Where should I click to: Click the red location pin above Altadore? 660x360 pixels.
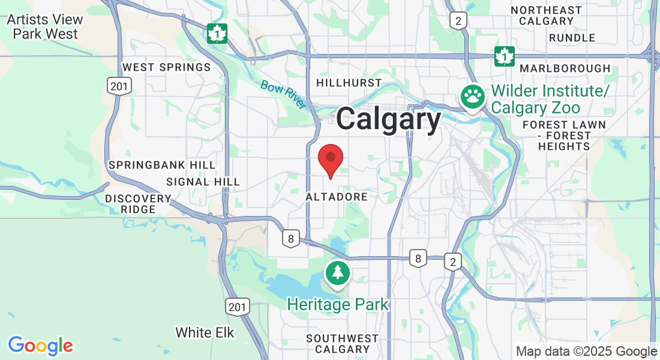tap(330, 159)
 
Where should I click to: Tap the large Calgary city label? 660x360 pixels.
tap(388, 119)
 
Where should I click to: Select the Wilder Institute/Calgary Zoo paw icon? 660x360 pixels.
tap(473, 96)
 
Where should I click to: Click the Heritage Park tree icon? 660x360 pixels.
tap(338, 273)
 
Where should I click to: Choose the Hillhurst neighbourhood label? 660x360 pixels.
tap(349, 82)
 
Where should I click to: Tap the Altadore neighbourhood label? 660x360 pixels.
tap(336, 196)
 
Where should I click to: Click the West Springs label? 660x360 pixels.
tap(166, 67)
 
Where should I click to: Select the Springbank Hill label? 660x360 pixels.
tap(161, 165)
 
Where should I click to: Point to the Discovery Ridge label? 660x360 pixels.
tap(139, 204)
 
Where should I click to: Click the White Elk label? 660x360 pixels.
tap(205, 332)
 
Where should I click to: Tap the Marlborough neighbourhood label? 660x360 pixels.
tap(565, 68)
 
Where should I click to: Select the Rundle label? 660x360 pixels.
tap(572, 38)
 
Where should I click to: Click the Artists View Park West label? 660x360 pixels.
tap(45, 27)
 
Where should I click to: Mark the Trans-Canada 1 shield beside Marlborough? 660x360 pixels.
tap(505, 56)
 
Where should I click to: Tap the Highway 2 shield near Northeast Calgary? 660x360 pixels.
tap(458, 21)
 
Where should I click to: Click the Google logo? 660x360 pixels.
tap(40, 346)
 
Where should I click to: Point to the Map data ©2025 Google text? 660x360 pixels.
tap(586, 352)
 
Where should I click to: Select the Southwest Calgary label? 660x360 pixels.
tap(342, 344)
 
